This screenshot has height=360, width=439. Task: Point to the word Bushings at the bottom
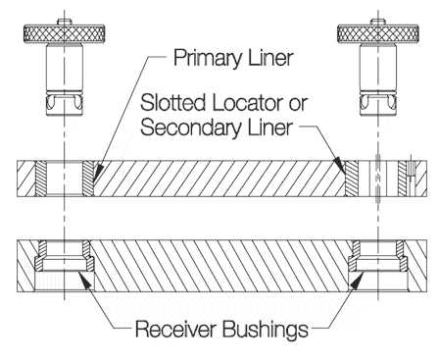pyautogui.click(x=264, y=329)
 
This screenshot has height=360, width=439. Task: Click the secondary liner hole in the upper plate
pyautogui.click(x=377, y=178)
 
